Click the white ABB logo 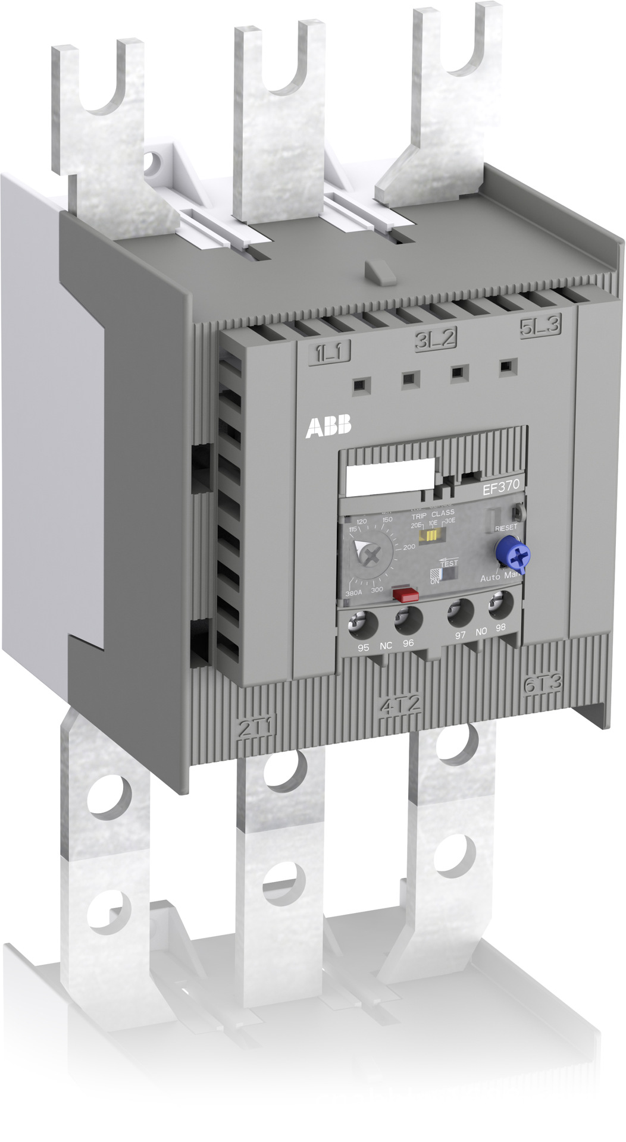click(328, 427)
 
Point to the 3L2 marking click(435, 340)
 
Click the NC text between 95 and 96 click(386, 645)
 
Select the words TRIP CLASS click(433, 513)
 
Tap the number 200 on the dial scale click(409, 547)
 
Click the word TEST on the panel click(449, 563)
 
